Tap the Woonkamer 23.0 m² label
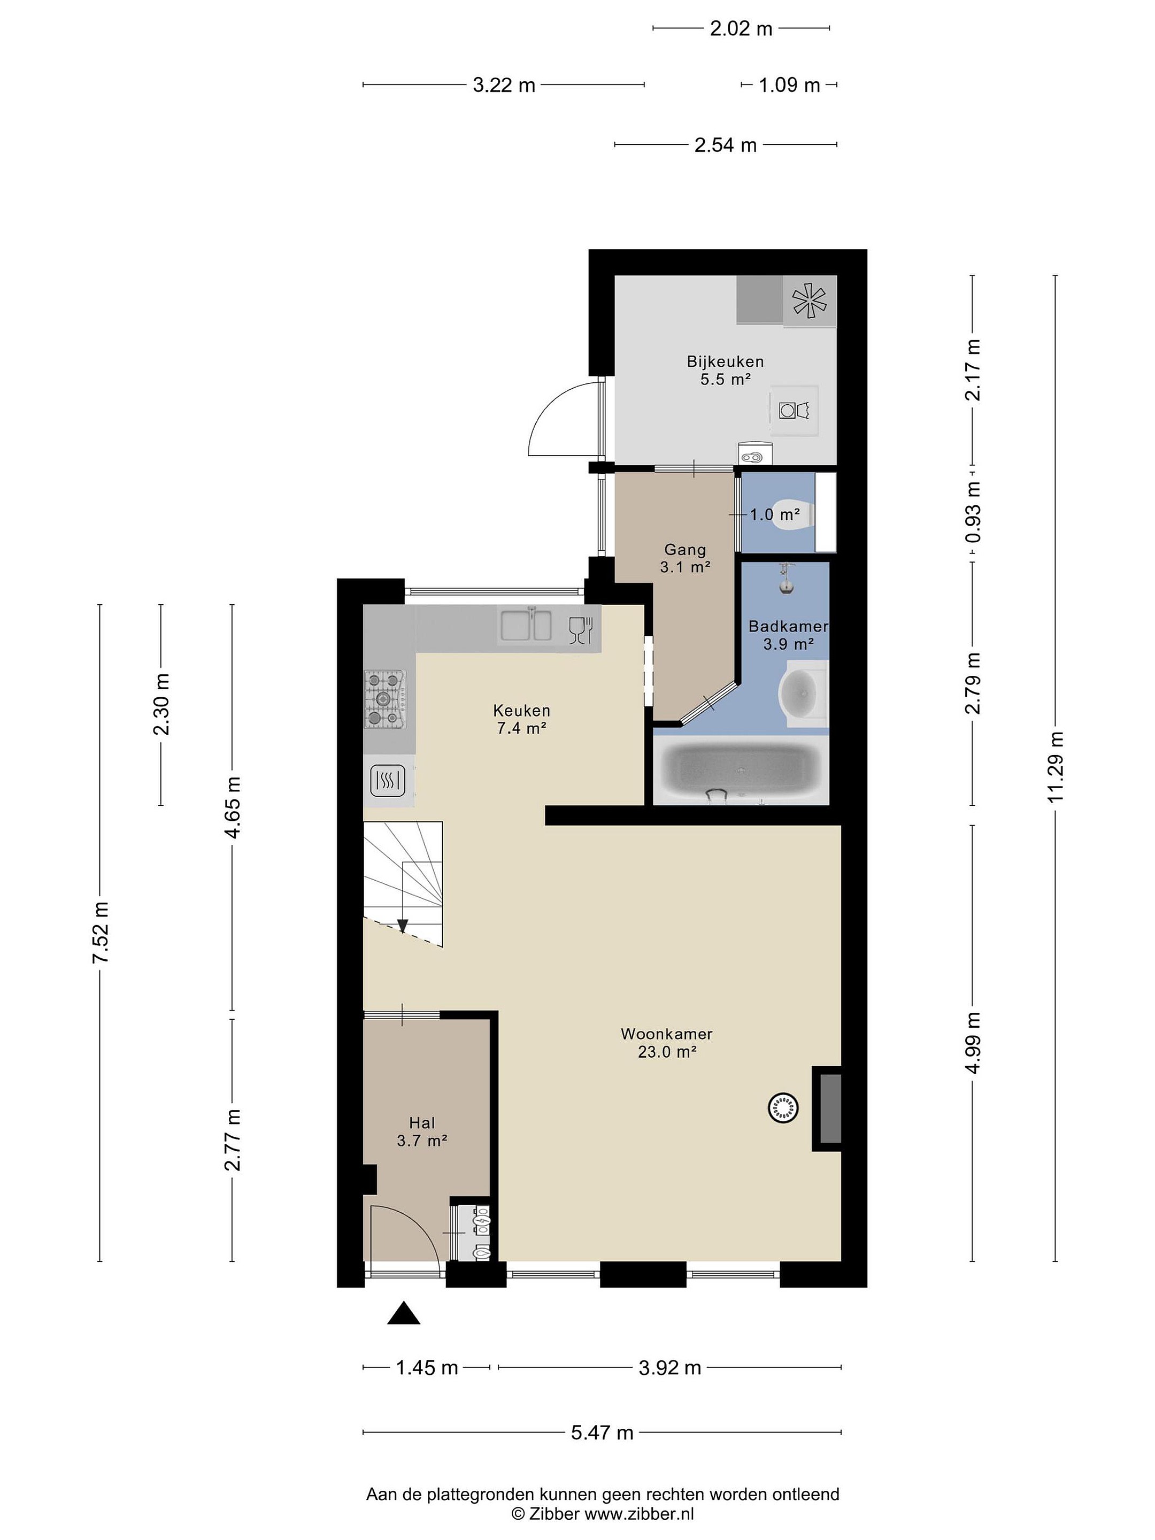(666, 1042)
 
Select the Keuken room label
(521, 719)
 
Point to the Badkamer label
(788, 626)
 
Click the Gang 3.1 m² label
(685, 558)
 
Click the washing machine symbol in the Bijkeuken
(794, 410)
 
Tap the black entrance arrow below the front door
(404, 1313)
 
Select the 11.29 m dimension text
(1055, 767)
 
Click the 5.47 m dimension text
(602, 1432)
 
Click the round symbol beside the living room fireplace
(782, 1107)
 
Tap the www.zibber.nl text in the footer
(638, 1514)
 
